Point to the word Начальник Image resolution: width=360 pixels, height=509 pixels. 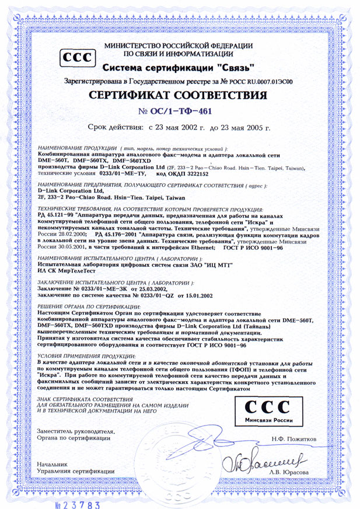[52, 464]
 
